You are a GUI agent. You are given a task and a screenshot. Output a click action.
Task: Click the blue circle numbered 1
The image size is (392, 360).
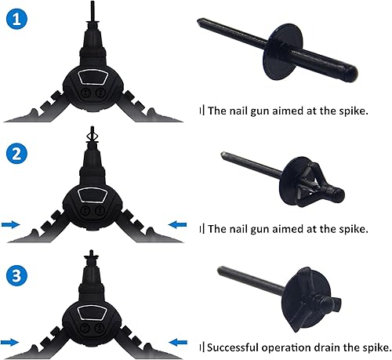tap(16, 19)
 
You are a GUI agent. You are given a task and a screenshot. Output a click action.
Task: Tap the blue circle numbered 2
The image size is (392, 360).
tap(16, 154)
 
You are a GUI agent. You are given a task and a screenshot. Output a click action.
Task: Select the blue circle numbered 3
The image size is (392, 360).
tap(16, 275)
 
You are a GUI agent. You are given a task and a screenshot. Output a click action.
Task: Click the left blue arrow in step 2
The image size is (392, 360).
tap(11, 224)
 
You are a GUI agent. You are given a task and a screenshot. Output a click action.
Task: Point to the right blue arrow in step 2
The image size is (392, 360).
tap(177, 224)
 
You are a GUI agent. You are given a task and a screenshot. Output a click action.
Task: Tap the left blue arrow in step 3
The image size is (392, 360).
tap(9, 342)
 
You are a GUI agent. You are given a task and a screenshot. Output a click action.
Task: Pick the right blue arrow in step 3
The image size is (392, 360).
tap(178, 342)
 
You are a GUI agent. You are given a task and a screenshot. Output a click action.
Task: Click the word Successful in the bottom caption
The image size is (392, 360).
tap(233, 347)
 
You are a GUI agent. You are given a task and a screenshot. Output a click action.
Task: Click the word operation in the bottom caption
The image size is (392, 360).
tap(286, 348)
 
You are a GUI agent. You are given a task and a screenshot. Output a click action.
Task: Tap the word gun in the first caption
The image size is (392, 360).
tap(260, 111)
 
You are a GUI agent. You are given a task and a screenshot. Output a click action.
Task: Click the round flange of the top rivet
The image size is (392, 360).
tap(283, 52)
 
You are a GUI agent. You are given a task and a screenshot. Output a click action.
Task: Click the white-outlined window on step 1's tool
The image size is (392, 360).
tap(93, 77)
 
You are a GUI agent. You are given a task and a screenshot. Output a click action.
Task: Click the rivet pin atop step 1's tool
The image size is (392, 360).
tap(93, 10)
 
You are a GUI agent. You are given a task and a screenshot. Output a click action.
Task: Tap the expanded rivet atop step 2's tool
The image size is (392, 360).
tap(92, 135)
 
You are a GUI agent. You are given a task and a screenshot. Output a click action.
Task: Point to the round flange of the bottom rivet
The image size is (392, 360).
tap(307, 299)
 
